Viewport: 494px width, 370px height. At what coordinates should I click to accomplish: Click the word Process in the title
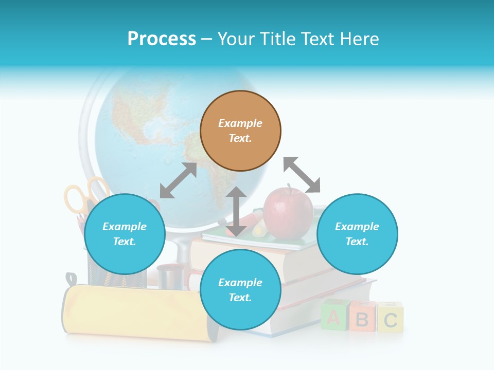click(162, 39)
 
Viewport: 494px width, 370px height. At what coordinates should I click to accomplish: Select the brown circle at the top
click(240, 131)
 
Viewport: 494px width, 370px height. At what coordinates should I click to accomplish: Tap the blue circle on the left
click(125, 234)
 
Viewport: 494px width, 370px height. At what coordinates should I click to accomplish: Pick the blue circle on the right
click(357, 234)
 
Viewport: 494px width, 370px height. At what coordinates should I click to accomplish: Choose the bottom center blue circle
click(240, 290)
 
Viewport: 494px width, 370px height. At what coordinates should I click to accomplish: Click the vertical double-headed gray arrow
click(236, 211)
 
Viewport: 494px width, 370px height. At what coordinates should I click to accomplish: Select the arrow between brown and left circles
click(178, 180)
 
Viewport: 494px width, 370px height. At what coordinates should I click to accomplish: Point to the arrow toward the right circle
click(302, 175)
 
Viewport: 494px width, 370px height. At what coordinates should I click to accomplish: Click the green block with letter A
click(333, 316)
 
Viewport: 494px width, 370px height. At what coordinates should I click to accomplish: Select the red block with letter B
click(362, 318)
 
